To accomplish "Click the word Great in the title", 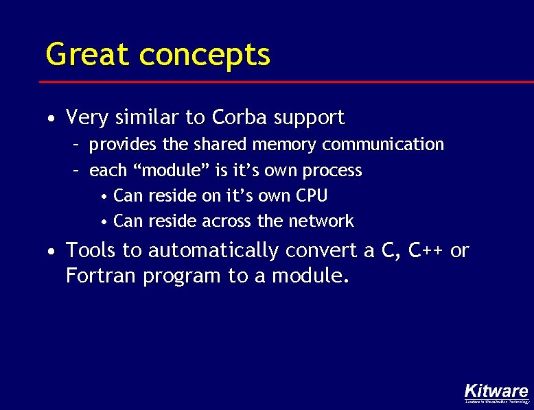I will [86, 54].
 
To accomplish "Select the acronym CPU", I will [312, 195].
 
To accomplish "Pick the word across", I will [227, 221].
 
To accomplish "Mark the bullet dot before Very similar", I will [52, 119].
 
